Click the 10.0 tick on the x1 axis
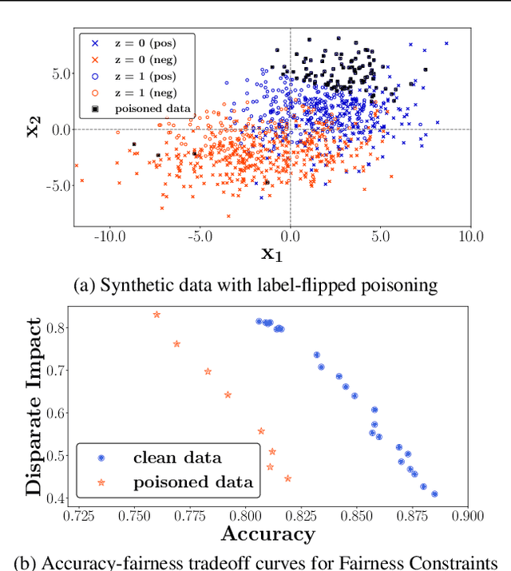(469, 236)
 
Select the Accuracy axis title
(267, 533)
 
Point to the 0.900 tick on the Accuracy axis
(467, 516)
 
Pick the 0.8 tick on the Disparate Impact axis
(54, 327)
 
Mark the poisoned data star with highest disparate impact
(156, 315)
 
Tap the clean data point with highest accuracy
(434, 494)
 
